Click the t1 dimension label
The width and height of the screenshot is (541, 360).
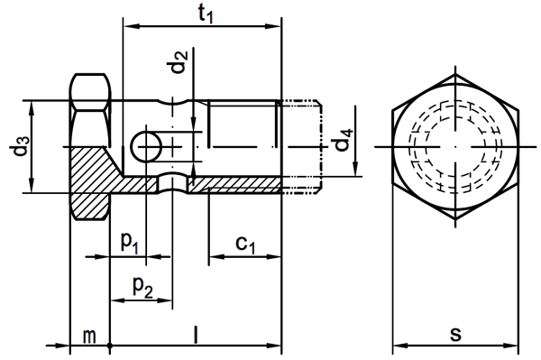[206, 14]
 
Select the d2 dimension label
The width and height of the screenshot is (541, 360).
[179, 61]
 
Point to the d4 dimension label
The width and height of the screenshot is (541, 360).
[344, 140]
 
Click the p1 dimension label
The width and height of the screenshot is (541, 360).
[130, 242]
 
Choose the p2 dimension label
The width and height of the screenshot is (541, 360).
[142, 286]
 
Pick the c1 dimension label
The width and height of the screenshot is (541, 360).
[245, 245]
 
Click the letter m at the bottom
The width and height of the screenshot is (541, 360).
[89, 336]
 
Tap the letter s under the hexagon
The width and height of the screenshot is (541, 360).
[455, 335]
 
